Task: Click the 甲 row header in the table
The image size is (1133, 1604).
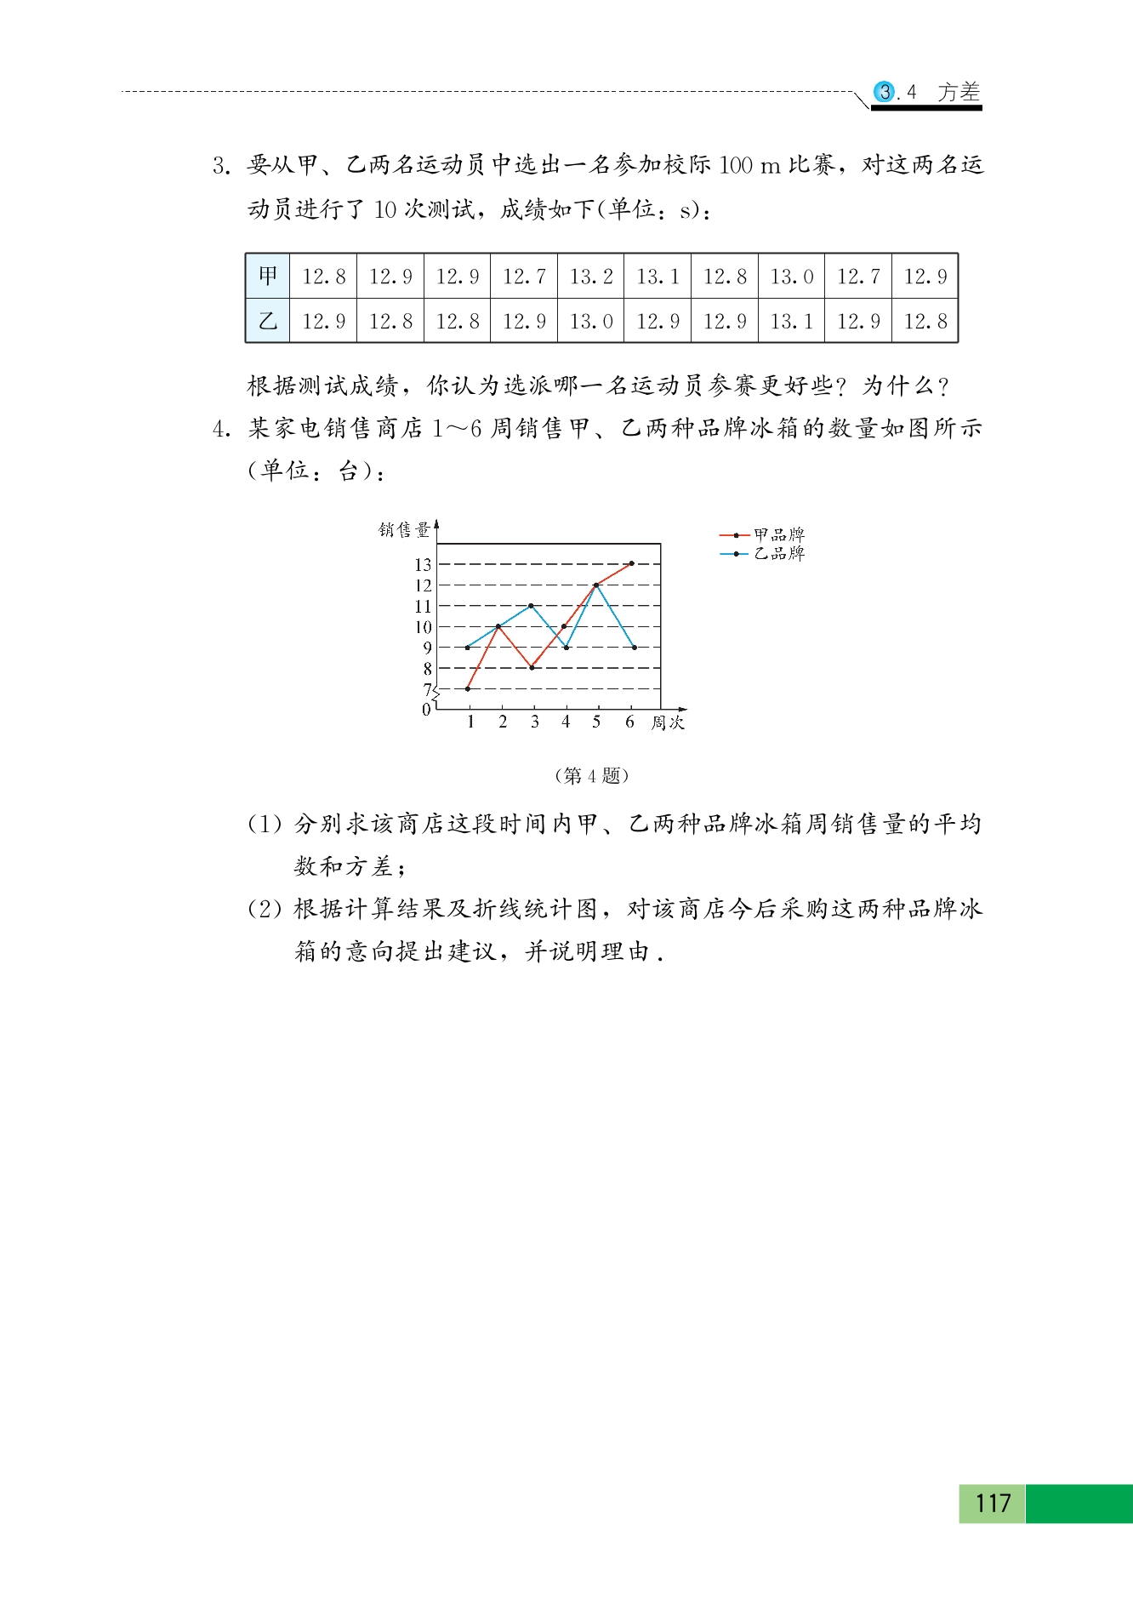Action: tap(268, 276)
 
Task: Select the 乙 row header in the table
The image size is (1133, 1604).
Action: tap(268, 321)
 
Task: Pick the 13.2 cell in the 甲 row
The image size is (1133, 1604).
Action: tap(591, 276)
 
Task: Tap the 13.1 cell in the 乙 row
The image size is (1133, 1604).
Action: tap(791, 321)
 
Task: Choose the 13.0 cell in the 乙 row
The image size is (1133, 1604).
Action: tap(591, 321)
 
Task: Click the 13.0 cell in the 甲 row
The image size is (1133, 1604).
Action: tap(791, 276)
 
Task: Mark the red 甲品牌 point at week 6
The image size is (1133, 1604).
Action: tap(631, 563)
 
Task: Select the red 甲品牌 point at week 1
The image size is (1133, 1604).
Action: tap(468, 688)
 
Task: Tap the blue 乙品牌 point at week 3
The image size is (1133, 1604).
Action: tap(532, 606)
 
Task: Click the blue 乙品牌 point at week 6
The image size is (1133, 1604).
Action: tap(635, 648)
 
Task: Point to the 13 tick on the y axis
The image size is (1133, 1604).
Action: tap(423, 564)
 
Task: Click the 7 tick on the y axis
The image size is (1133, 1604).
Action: tap(427, 689)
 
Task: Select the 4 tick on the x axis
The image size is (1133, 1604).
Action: tap(566, 722)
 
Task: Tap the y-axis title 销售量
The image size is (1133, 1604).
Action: tap(404, 530)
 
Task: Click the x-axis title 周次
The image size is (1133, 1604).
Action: tap(668, 723)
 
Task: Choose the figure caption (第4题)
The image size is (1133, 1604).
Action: tap(591, 776)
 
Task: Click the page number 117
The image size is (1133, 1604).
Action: tap(993, 1504)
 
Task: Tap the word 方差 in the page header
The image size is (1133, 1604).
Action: tap(959, 92)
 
